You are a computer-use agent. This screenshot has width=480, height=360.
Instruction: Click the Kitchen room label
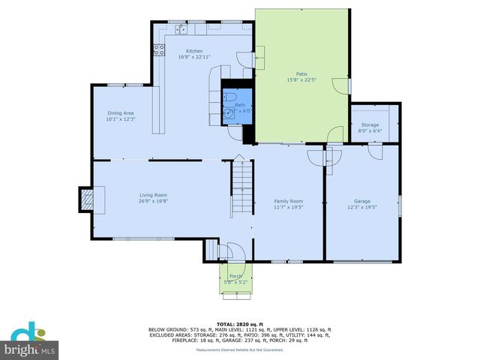coord(194,51)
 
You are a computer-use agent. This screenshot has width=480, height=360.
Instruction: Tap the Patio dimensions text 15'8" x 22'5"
coord(301,79)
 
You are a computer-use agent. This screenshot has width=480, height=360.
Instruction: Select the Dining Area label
coord(119,113)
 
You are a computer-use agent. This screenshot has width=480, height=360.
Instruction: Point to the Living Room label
coord(152,195)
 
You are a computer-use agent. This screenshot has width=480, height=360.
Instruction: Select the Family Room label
coord(288,201)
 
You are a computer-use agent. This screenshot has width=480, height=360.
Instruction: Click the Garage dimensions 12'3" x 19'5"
coord(362,206)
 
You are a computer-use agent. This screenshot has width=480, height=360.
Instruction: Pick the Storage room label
coord(370,124)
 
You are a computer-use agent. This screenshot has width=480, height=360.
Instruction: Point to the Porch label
coord(235,276)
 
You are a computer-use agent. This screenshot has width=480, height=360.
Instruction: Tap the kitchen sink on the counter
coord(181,29)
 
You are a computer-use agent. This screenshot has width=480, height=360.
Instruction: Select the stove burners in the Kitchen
coord(159,50)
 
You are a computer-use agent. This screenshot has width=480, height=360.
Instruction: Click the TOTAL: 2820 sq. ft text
coord(239,323)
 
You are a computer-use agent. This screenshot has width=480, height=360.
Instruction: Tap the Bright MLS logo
coord(30,342)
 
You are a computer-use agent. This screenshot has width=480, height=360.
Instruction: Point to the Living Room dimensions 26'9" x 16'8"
coord(152,201)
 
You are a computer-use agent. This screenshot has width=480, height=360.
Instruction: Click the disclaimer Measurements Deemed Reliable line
coord(239,349)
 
